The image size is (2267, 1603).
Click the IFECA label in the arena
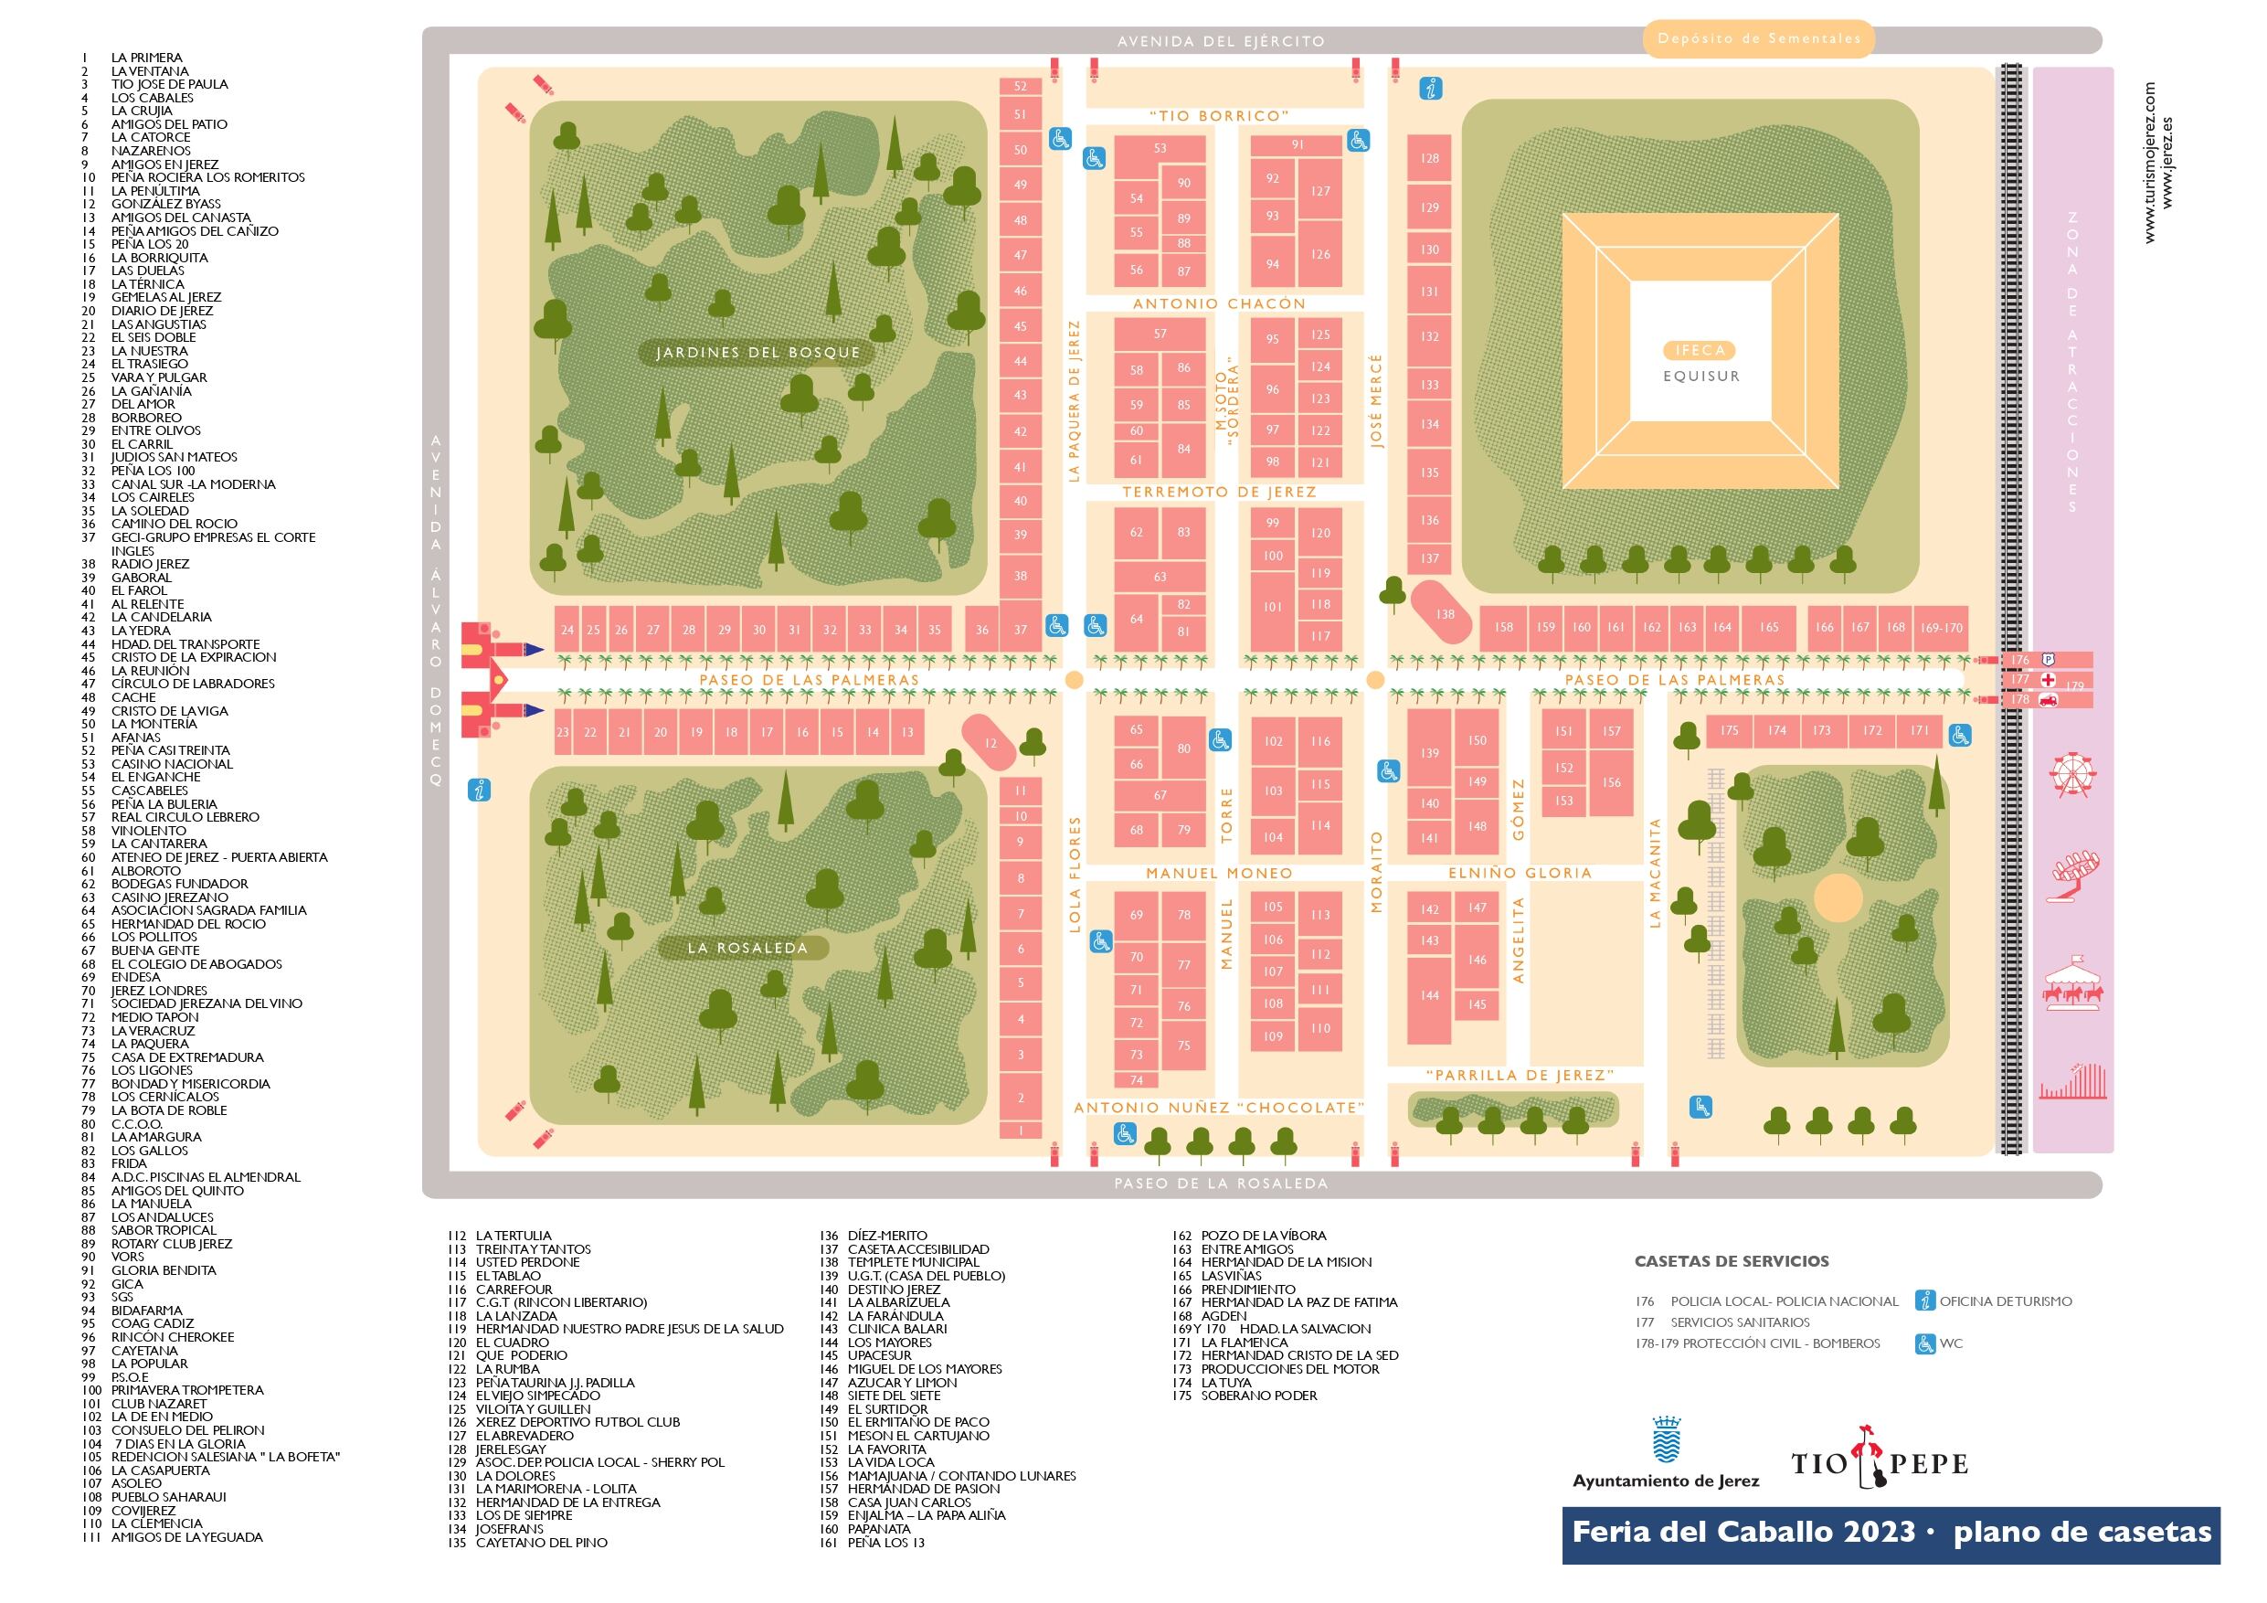1700,350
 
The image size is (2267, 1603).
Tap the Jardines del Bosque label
757,353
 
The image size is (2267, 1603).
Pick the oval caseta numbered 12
990,742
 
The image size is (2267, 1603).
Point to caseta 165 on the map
1768,627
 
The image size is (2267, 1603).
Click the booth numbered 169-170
1940,627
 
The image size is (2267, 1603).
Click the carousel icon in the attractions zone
2073,980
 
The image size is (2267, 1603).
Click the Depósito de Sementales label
1759,39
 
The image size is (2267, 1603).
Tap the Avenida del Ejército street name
1220,41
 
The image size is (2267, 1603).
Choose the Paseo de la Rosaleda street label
1221,1184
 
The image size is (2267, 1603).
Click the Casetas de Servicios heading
1731,1261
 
